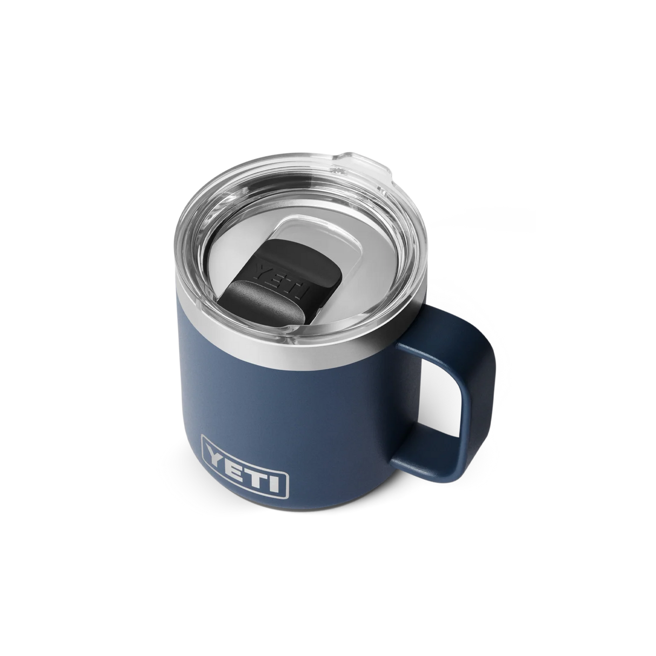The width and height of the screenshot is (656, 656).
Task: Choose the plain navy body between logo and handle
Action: (340, 432)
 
